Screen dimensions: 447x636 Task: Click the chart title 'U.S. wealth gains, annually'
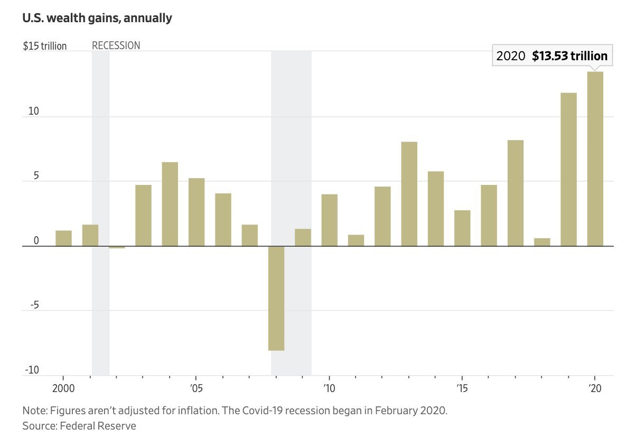[97, 18]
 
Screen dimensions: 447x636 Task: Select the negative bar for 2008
[276, 298]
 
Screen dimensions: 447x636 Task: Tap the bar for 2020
[595, 159]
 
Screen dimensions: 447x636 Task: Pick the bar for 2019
[568, 169]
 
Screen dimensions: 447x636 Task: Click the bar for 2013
[409, 194]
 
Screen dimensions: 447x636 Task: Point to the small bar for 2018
[542, 242]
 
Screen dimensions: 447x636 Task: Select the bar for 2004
[170, 204]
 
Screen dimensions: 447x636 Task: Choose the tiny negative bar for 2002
[117, 247]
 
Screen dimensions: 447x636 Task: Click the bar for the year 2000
[63, 238]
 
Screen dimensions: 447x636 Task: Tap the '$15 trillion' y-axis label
[45, 46]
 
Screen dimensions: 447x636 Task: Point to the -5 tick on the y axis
[33, 306]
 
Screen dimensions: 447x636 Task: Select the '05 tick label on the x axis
[196, 387]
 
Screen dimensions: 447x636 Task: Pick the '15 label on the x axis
[462, 387]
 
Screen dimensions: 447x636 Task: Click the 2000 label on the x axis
[63, 387]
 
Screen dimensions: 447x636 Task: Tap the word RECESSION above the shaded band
[116, 45]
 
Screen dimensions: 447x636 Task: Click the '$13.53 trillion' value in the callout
[569, 56]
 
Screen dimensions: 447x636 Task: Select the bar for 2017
[516, 193]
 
